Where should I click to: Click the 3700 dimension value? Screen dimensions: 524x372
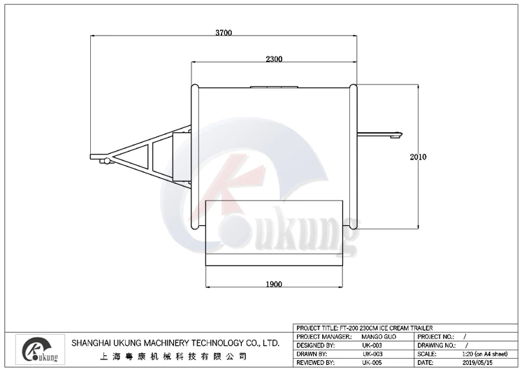[224, 33]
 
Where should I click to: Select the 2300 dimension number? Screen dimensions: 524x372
[274, 59]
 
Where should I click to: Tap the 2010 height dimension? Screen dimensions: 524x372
[418, 157]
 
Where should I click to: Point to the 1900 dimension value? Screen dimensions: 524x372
[274, 285]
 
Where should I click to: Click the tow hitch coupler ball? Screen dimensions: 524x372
[106, 161]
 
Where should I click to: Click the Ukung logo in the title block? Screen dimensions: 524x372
[41, 350]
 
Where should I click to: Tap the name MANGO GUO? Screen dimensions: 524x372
[379, 337]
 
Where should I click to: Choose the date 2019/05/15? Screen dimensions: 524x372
[477, 363]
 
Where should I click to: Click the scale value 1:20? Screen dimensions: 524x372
[466, 354]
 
